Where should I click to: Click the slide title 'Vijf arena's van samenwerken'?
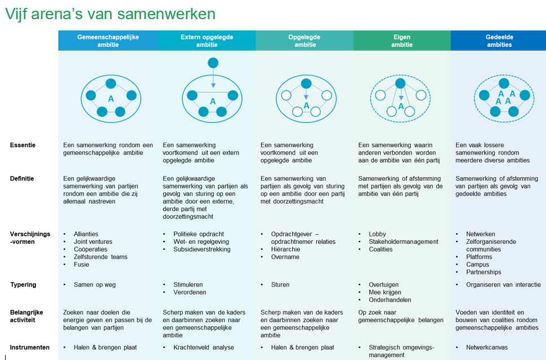point(111,14)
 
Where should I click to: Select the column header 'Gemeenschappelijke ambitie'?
point(108,41)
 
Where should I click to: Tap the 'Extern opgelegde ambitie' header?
point(207,41)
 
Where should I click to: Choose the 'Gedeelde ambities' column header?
point(499,41)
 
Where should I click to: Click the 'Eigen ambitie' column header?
point(402,41)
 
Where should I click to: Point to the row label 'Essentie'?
point(23,145)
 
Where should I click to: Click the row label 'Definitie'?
point(22,178)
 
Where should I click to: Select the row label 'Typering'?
point(23,285)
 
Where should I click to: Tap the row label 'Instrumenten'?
point(29,348)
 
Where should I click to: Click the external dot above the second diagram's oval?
point(213,63)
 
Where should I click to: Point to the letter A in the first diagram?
point(111,99)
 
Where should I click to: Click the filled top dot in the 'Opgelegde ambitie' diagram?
point(306,84)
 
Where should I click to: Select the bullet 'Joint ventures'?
point(93,242)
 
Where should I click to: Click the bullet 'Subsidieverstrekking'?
point(202,249)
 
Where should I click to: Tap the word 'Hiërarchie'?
point(285,249)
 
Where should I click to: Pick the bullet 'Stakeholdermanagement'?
point(404,242)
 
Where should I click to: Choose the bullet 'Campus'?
point(478,265)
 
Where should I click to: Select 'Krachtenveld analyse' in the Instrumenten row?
point(204,348)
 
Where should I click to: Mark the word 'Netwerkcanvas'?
point(487,348)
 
